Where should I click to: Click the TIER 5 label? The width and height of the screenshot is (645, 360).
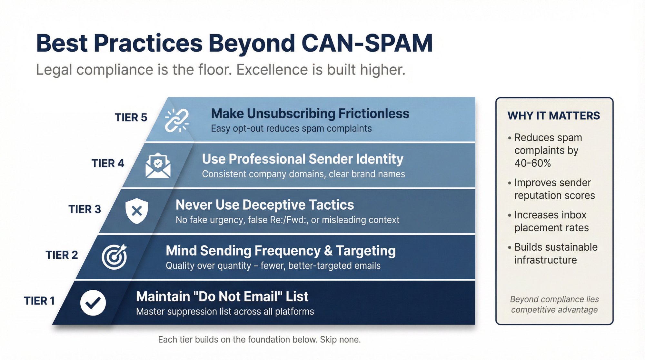pyautogui.click(x=131, y=117)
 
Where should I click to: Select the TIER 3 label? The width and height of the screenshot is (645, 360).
pyautogui.click(x=84, y=209)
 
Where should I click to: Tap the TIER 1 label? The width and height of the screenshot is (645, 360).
pyautogui.click(x=39, y=301)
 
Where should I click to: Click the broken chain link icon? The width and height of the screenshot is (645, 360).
pyautogui.click(x=177, y=120)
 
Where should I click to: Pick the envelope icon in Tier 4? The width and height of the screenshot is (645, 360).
pyautogui.click(x=158, y=166)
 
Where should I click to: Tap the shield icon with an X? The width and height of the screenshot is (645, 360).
pyautogui.click(x=137, y=211)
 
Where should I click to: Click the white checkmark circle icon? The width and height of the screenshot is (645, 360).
pyautogui.click(x=93, y=303)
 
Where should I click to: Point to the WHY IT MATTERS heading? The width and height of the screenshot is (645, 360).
pyautogui.click(x=553, y=115)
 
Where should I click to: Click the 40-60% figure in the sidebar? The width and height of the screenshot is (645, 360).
pyautogui.click(x=532, y=163)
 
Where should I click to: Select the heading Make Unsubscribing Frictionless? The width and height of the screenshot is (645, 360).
pyautogui.click(x=310, y=114)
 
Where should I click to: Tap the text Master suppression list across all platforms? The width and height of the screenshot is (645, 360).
pyautogui.click(x=225, y=312)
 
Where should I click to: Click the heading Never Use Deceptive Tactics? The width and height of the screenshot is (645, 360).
pyautogui.click(x=264, y=205)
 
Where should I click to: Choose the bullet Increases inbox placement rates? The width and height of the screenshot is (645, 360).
pyautogui.click(x=551, y=221)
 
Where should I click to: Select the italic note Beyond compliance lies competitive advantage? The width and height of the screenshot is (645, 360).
pyautogui.click(x=554, y=305)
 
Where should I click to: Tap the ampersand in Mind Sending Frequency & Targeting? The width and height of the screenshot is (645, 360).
pyautogui.click(x=328, y=251)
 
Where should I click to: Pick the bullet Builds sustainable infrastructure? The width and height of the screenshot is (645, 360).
pyautogui.click(x=555, y=254)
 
